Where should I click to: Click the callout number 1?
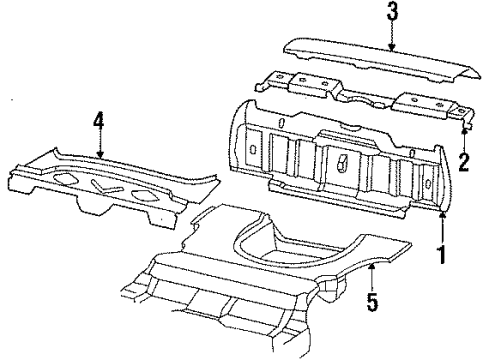[442, 255]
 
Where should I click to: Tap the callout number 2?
[464, 163]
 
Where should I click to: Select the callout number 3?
[392, 11]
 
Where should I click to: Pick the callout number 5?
[372, 302]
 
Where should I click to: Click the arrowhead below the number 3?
[392, 48]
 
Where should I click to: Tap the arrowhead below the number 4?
[100, 154]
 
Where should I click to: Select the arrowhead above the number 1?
[442, 215]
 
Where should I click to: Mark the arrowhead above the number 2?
[464, 131]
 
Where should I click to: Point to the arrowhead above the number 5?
[372, 266]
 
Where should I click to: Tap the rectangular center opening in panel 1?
[343, 162]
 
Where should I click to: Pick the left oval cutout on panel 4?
[66, 179]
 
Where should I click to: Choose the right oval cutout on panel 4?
[145, 196]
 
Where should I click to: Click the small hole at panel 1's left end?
[252, 149]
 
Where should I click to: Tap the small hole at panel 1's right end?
[428, 183]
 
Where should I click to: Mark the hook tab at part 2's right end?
[467, 124]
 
